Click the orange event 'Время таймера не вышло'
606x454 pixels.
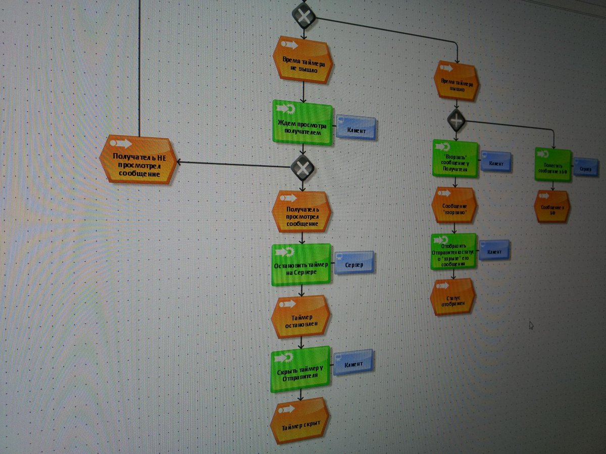[302, 61]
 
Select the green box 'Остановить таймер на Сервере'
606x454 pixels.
[301, 264]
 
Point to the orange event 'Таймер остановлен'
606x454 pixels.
[300, 316]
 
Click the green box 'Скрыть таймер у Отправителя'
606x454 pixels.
[300, 369]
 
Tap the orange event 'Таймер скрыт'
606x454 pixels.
[299, 422]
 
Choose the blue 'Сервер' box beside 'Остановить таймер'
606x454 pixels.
[355, 263]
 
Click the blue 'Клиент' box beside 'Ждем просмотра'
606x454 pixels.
[357, 129]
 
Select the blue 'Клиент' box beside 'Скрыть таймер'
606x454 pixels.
[353, 362]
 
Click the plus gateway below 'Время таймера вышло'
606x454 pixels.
[457, 121]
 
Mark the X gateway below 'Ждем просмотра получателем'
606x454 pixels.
[302, 167]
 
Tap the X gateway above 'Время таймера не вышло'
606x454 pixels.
[304, 16]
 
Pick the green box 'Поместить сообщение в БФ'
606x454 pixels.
[553, 164]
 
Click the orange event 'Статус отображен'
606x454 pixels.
[453, 297]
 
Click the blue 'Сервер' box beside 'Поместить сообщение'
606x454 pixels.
[586, 167]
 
